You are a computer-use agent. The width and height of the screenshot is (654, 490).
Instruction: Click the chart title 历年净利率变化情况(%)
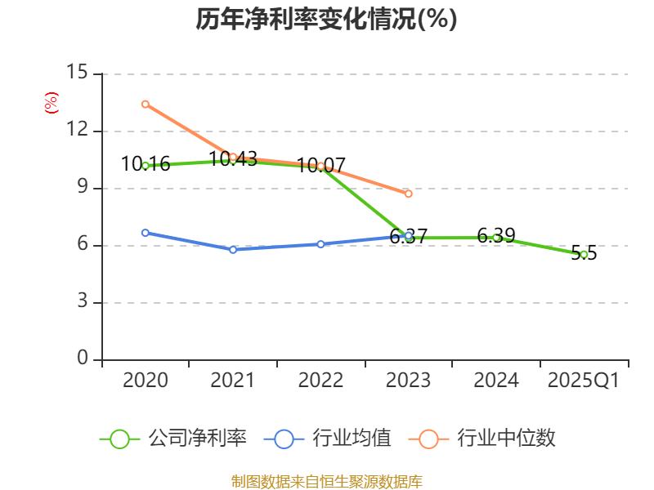tap(326, 20)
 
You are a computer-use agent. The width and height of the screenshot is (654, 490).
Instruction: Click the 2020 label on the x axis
tap(145, 381)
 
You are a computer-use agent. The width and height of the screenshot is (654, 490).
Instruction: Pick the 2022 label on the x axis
tap(320, 381)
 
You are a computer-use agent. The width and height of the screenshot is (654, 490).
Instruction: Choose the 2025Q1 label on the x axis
tap(584, 381)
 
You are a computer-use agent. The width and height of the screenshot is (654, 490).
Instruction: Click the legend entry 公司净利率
tap(197, 439)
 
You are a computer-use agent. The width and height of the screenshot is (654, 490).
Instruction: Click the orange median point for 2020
tap(145, 104)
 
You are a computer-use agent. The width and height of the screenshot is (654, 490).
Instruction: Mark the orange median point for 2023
tap(409, 194)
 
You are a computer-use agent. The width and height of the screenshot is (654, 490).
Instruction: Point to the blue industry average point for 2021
tap(233, 250)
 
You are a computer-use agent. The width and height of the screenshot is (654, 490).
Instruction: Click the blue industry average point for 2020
tap(145, 233)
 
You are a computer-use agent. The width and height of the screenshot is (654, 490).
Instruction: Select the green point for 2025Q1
tap(584, 255)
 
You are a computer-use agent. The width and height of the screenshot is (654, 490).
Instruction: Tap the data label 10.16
tap(146, 164)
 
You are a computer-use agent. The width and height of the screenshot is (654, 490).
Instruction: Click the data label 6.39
tap(496, 236)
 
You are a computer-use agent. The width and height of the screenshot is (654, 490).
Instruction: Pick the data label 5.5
tap(584, 253)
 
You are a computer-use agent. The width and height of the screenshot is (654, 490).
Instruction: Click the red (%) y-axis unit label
tap(51, 104)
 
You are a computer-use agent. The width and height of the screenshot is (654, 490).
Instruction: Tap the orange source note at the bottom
tap(326, 481)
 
